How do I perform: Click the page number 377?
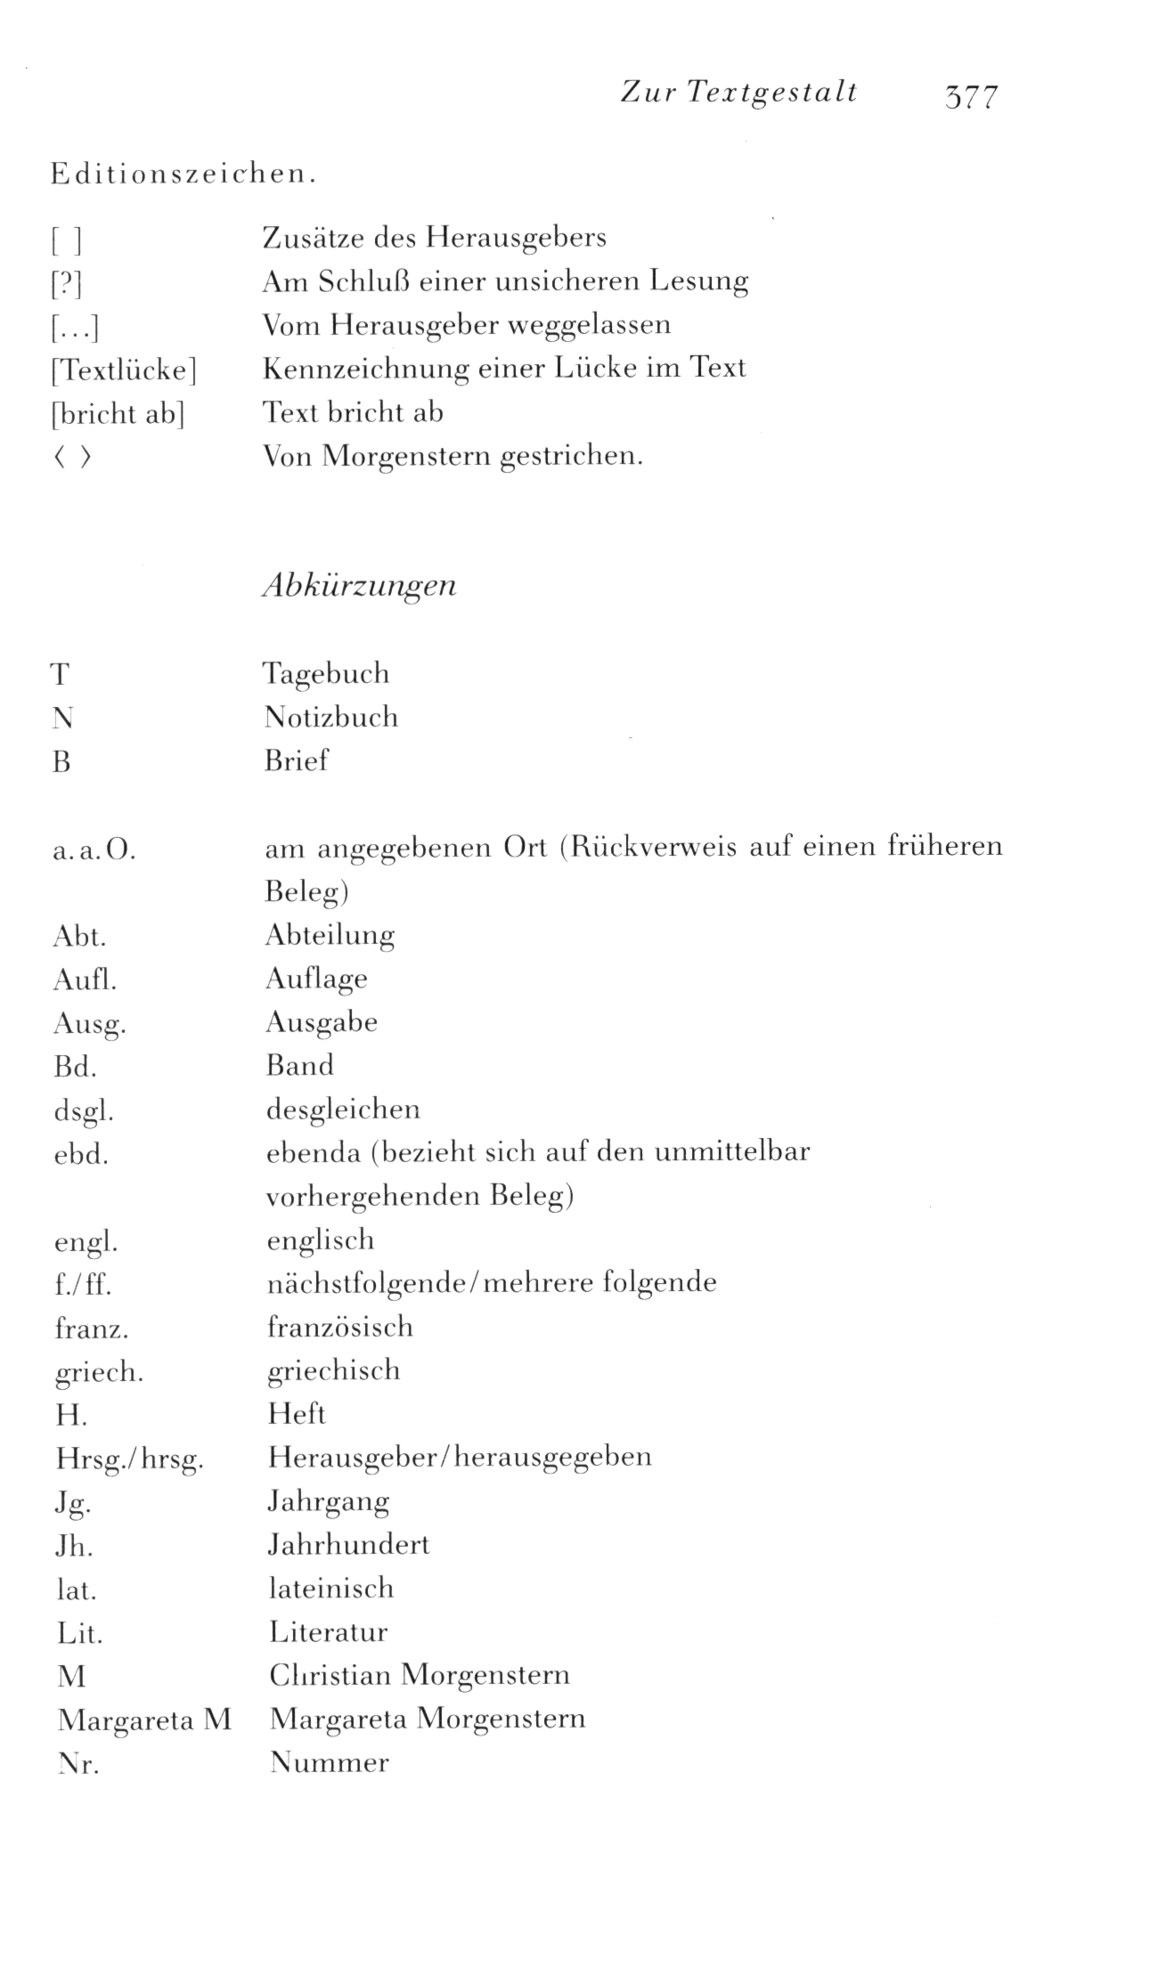pyautogui.click(x=972, y=96)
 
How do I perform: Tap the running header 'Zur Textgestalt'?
pyautogui.click(x=738, y=93)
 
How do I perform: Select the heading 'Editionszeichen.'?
pyautogui.click(x=183, y=175)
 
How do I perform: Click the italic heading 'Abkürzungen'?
pyautogui.click(x=359, y=585)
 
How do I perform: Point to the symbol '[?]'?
pyautogui.click(x=67, y=284)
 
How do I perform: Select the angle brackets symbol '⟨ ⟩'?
pyautogui.click(x=72, y=459)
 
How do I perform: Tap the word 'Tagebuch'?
pyautogui.click(x=326, y=674)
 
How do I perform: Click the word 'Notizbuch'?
pyautogui.click(x=330, y=718)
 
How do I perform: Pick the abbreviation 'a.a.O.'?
pyautogui.click(x=94, y=852)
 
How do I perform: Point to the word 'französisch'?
pyautogui.click(x=340, y=1328)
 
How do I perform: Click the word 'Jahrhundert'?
pyautogui.click(x=348, y=1545)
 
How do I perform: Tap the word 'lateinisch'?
pyautogui.click(x=330, y=1589)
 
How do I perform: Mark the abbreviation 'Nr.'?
pyautogui.click(x=77, y=1764)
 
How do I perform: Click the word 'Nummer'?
pyautogui.click(x=330, y=1763)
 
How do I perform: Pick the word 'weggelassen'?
pyautogui.click(x=589, y=326)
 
